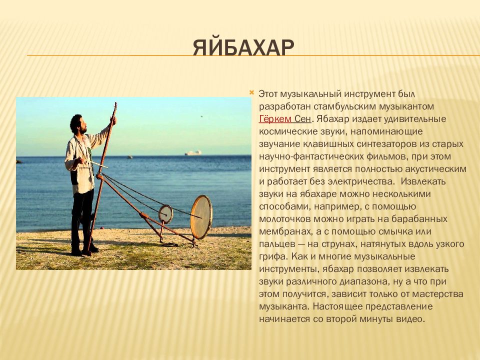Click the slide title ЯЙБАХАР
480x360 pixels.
coord(243,48)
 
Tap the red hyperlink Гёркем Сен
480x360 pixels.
coord(285,119)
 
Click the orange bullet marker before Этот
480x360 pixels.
coord(252,92)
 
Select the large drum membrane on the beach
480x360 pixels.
coord(201,216)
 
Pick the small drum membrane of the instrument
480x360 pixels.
coord(165,214)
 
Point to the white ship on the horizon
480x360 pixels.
coord(193,152)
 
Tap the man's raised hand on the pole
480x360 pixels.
coord(113,120)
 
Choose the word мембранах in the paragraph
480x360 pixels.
coord(284,231)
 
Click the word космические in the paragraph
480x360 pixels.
coord(286,131)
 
